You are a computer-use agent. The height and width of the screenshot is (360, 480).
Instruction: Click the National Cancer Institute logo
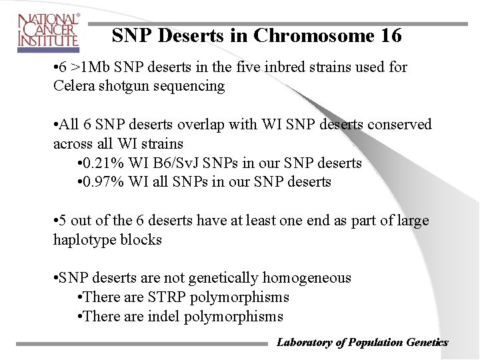tap(48, 31)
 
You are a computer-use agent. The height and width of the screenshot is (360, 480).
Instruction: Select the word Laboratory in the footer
tap(304, 343)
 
